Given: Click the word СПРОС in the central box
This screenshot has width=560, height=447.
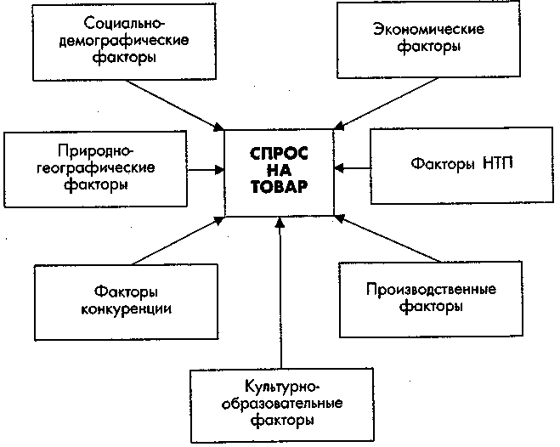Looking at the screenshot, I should [279, 155].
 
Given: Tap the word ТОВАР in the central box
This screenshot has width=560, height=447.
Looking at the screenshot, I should [279, 189].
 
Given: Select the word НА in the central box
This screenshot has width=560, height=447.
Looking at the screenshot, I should [279, 172].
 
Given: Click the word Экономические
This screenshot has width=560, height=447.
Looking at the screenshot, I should [428, 31].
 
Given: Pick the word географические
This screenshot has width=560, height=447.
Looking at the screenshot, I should [97, 167].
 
